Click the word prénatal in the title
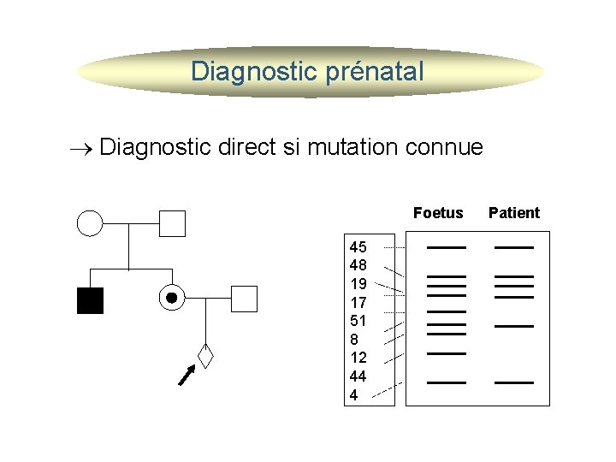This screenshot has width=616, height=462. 373,72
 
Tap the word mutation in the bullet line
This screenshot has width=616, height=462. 350,147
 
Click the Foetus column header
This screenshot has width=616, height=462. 437,213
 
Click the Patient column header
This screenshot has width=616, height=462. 513,213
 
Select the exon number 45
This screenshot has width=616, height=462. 358,247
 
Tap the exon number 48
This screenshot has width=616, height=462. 358,265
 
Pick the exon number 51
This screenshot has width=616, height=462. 358,321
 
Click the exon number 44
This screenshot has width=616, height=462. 358,376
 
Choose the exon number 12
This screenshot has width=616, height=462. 358,358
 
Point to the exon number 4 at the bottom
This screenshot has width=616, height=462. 354,395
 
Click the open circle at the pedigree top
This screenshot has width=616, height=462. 90,223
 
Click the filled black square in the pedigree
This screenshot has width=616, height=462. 90,300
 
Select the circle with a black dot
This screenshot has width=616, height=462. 171,298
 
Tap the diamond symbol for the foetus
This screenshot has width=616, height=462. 205,352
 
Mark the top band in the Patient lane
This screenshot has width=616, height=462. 513,247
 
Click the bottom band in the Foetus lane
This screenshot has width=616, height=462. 446,382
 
